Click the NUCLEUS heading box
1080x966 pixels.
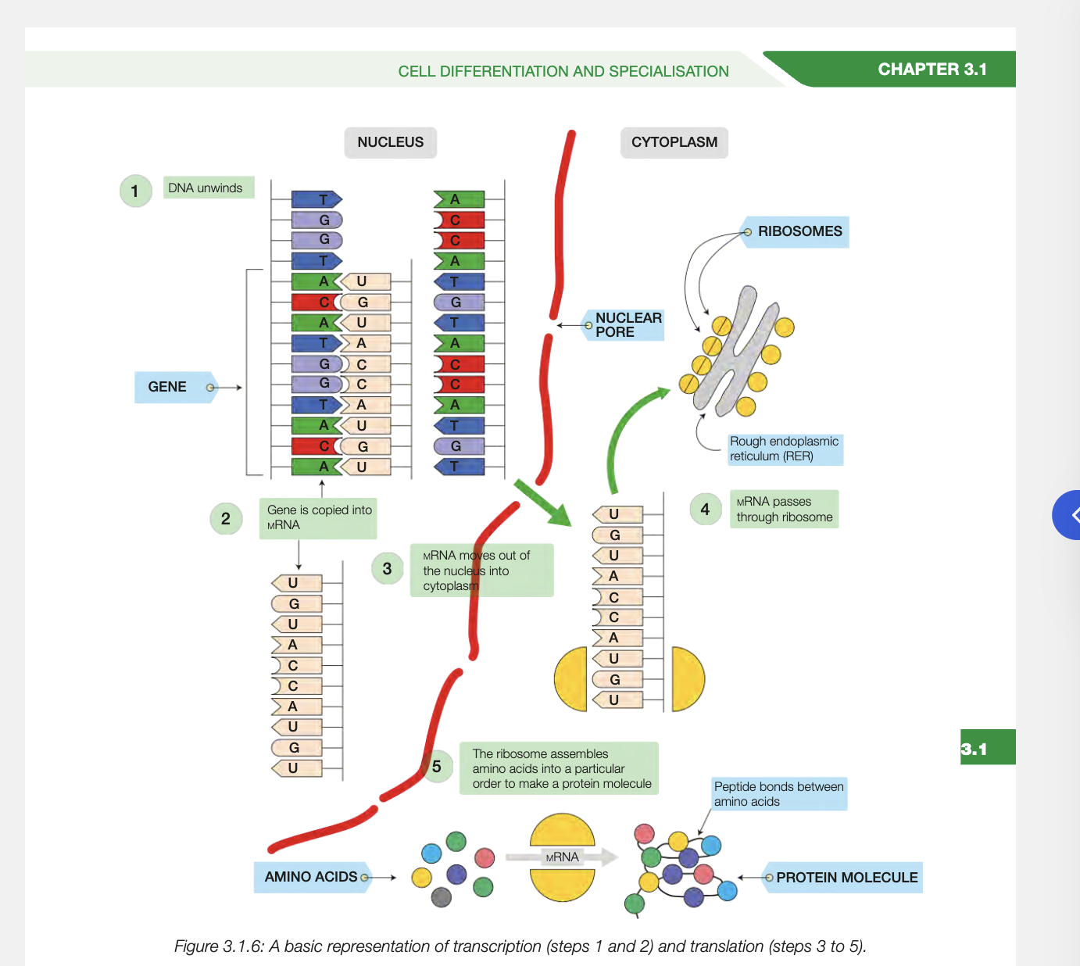(390, 142)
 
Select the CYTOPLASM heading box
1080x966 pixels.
(674, 142)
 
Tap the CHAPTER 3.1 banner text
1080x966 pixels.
(932, 70)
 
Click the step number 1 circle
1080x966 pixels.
(135, 191)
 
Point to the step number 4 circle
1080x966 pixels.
(705, 510)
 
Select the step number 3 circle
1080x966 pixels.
(387, 569)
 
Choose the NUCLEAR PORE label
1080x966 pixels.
(626, 325)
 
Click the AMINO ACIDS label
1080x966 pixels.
(311, 877)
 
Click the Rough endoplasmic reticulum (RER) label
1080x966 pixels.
(784, 449)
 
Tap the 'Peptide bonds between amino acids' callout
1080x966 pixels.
(778, 794)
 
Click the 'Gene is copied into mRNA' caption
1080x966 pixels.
(318, 517)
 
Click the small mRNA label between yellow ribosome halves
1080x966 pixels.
(562, 857)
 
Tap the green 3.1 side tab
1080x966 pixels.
(987, 748)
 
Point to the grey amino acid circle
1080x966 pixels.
(442, 897)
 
